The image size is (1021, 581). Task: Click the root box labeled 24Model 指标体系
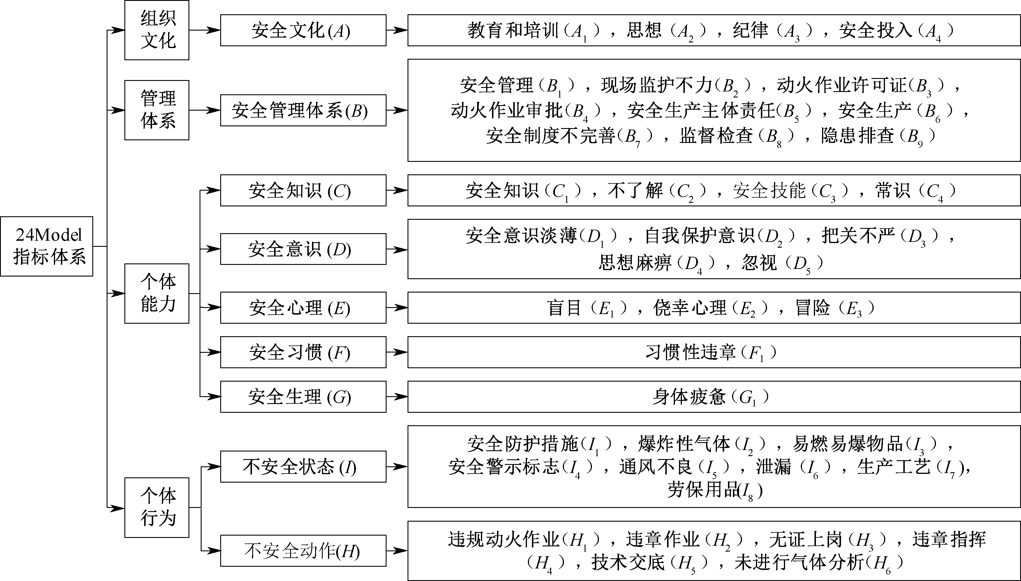[47, 246]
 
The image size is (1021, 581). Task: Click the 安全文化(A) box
[303, 30]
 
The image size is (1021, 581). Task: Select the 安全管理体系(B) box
[303, 110]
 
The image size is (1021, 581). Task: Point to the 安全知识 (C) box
[303, 190]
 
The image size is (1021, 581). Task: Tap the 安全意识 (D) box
[303, 249]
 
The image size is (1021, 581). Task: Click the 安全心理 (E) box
[303, 308]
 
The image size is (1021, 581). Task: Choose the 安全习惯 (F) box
[303, 352]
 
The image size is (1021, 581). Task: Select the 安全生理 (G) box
[303, 397]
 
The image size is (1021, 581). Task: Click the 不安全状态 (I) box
[303, 467]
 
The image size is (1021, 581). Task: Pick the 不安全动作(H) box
[303, 551]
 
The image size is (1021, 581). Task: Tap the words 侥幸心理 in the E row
[690, 308]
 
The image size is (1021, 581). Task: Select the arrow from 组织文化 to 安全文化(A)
[204, 30]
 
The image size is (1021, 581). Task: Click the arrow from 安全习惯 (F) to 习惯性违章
[397, 352]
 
